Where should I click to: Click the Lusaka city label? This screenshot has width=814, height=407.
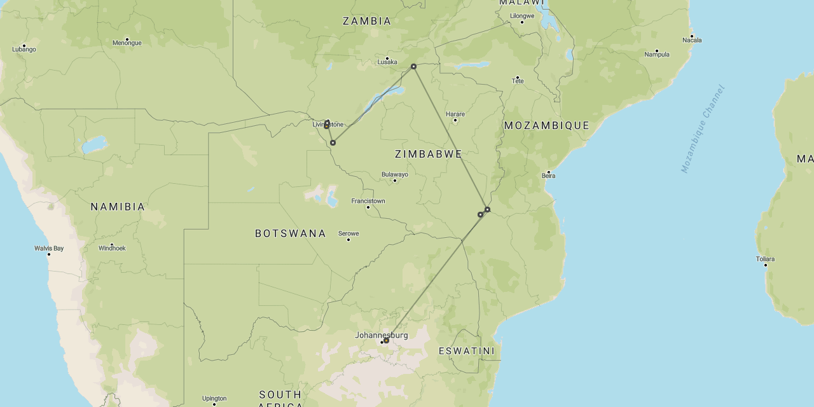[x=387, y=62]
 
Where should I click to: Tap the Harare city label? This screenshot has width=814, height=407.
[x=455, y=114]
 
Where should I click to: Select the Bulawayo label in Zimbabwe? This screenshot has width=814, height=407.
[x=394, y=174]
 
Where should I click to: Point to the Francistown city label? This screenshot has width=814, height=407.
[x=368, y=201]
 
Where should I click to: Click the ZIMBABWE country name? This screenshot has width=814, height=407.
[x=428, y=154]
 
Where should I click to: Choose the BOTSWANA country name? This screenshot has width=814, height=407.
[x=291, y=233]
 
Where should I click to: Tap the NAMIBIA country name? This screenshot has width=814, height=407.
[x=118, y=207]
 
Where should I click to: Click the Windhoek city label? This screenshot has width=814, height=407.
[x=112, y=248]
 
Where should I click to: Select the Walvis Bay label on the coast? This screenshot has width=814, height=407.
[x=49, y=248]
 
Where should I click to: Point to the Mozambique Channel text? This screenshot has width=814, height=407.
[x=702, y=128]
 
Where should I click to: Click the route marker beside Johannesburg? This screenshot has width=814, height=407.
[x=386, y=340]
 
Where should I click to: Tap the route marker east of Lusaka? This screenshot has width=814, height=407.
[x=413, y=66]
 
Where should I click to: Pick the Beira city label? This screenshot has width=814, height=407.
[x=548, y=176]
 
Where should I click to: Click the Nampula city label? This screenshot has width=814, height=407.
[x=657, y=54]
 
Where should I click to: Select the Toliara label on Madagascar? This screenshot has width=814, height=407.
[x=765, y=259]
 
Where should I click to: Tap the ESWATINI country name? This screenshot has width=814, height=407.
[x=466, y=351]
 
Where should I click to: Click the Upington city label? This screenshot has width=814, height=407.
[x=214, y=399]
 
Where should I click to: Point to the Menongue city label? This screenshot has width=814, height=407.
[x=127, y=43]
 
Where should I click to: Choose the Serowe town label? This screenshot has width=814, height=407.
[x=348, y=233]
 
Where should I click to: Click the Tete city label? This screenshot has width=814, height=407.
[x=518, y=81]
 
